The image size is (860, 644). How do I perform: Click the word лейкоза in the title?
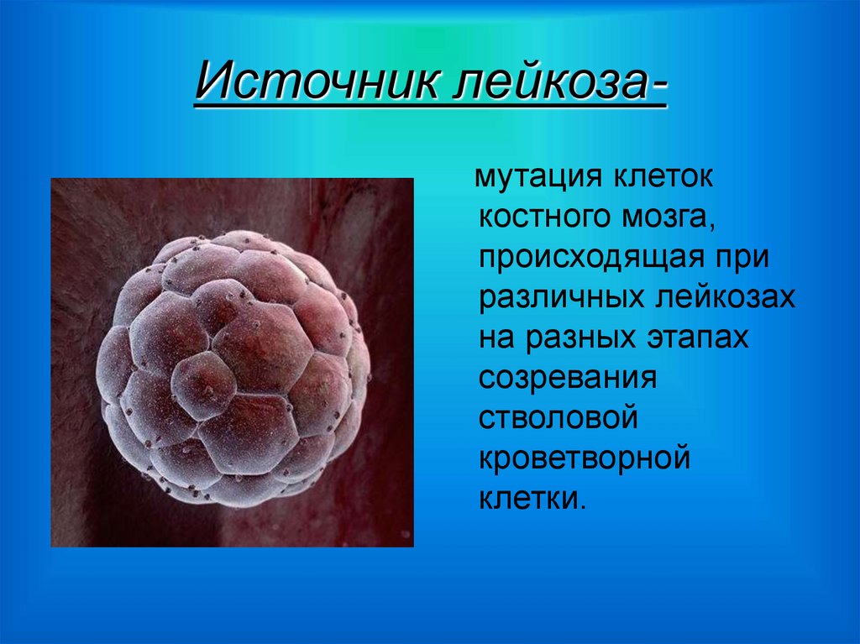point(552,84)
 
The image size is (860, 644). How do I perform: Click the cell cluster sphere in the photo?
point(233,369)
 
